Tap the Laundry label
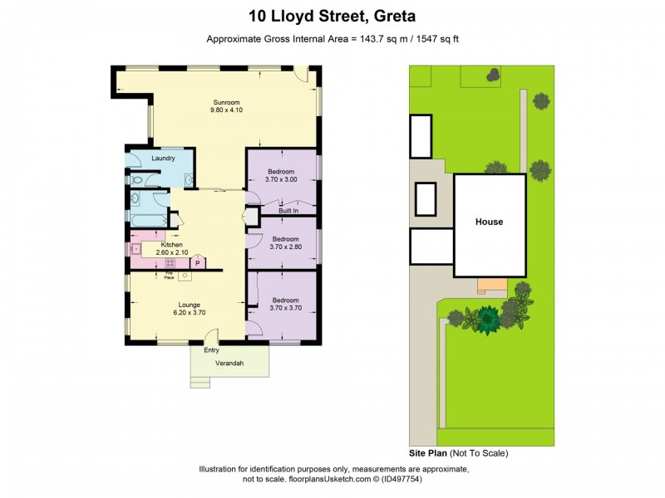[163, 158]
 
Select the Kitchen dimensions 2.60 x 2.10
[171, 253]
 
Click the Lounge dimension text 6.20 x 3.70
[190, 313]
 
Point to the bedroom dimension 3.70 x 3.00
[281, 179]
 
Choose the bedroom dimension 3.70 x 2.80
[281, 247]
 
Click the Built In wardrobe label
[288, 211]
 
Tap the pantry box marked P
[198, 263]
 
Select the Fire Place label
[169, 275]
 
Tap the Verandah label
[229, 363]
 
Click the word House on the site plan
[489, 222]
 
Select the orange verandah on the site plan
[491, 286]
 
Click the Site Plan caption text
[428, 453]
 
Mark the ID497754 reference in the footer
[442, 479]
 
